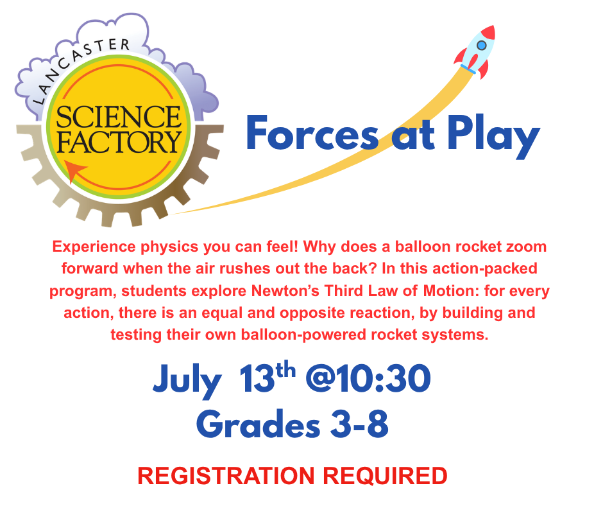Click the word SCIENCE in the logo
[119, 118]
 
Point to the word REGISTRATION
[227, 476]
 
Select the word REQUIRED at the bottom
[385, 476]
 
